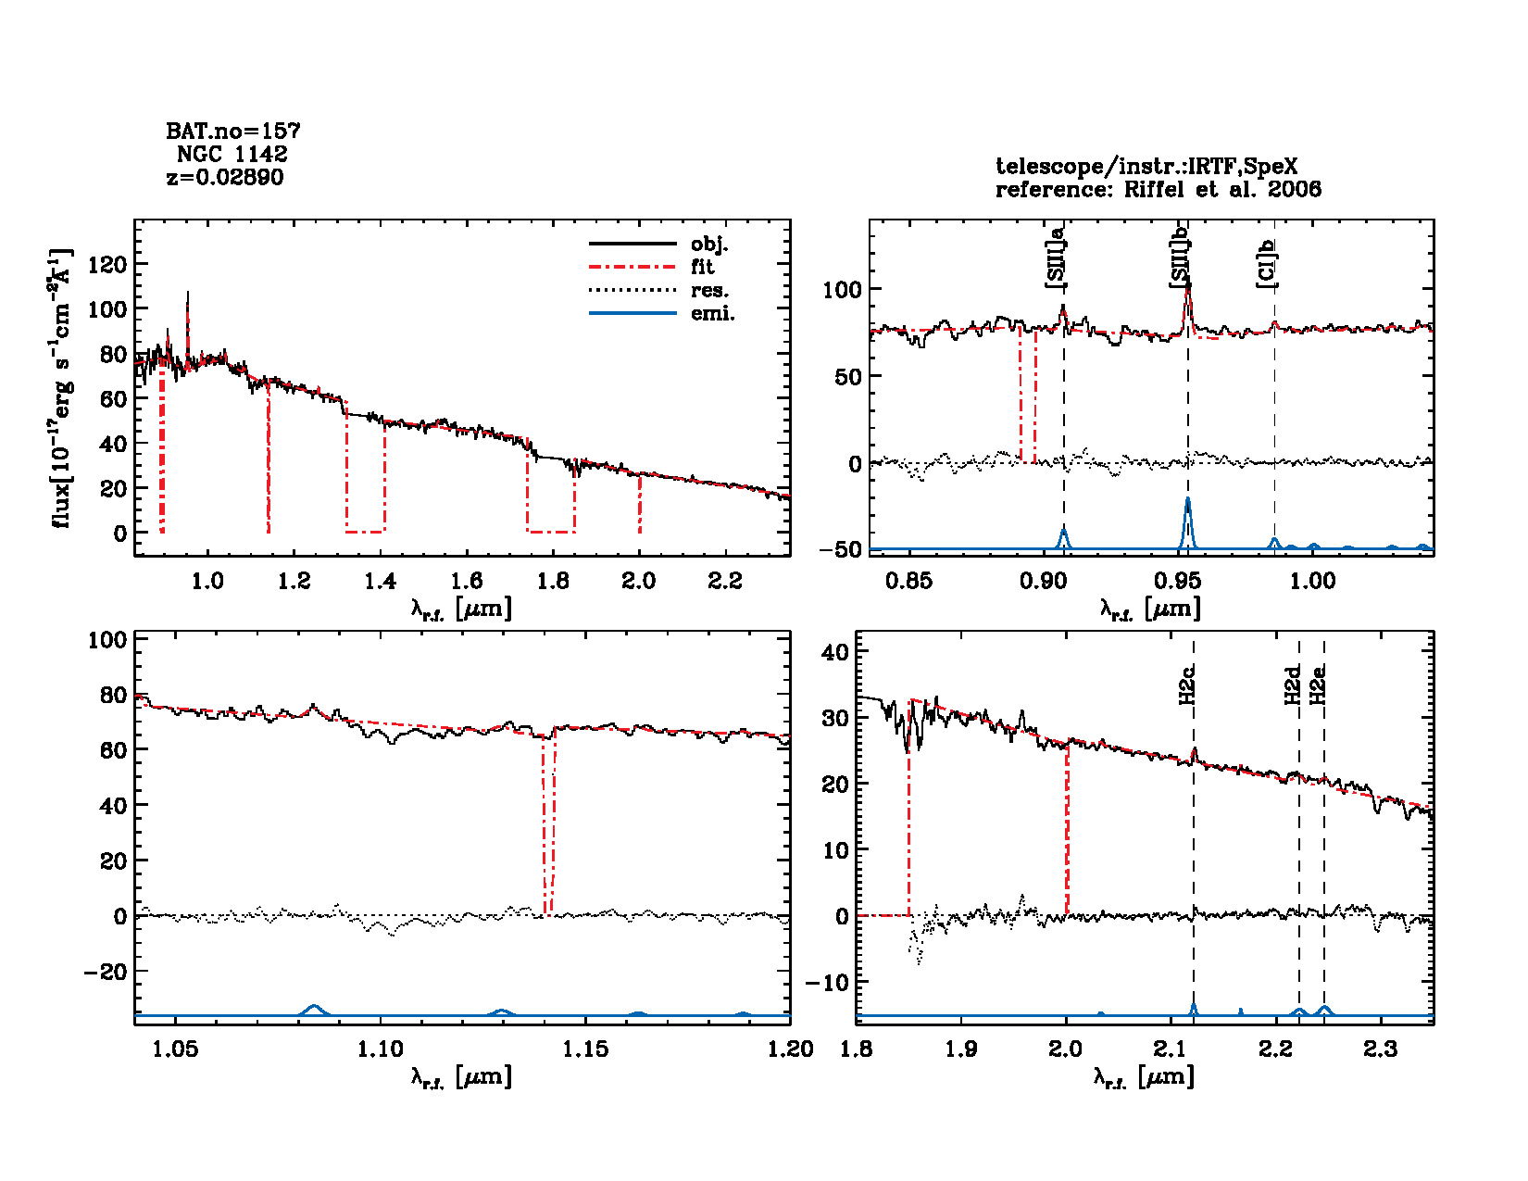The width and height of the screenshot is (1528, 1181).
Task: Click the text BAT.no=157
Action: tap(232, 131)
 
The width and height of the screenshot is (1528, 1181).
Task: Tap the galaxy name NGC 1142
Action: tap(232, 154)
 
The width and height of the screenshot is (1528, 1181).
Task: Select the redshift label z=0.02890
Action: tap(225, 177)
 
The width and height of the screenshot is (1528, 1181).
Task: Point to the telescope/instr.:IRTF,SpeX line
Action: tap(1146, 167)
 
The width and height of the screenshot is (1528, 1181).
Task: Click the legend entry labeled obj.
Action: tap(709, 245)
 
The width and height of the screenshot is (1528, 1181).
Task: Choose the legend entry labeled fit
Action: tap(703, 267)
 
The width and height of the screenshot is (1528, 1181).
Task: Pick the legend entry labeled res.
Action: tap(709, 291)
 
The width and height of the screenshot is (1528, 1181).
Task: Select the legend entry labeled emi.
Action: tap(712, 314)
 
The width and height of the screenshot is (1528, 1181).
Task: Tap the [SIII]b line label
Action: tap(1180, 258)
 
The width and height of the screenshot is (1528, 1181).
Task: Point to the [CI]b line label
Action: tap(1266, 263)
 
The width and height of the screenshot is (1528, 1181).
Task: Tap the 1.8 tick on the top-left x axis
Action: tap(553, 581)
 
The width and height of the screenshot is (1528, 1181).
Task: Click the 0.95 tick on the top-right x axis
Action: tap(1178, 581)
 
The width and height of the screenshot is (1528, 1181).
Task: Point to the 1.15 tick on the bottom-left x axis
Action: tap(586, 1049)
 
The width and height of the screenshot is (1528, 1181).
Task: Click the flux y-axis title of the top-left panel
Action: tap(62, 388)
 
